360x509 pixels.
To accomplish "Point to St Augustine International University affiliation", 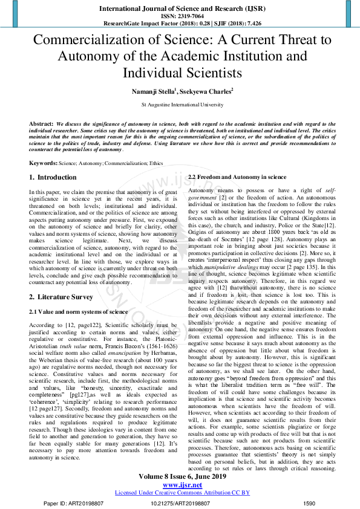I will (x=182, y=105).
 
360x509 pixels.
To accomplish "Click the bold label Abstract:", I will (x=41, y=123).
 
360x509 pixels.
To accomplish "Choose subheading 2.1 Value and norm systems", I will (x=79, y=312).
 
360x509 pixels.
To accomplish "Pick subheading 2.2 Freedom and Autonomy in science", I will (x=237, y=177).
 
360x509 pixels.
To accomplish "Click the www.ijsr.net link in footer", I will (x=182, y=484).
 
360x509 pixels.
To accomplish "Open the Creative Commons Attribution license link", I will (x=182, y=493).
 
